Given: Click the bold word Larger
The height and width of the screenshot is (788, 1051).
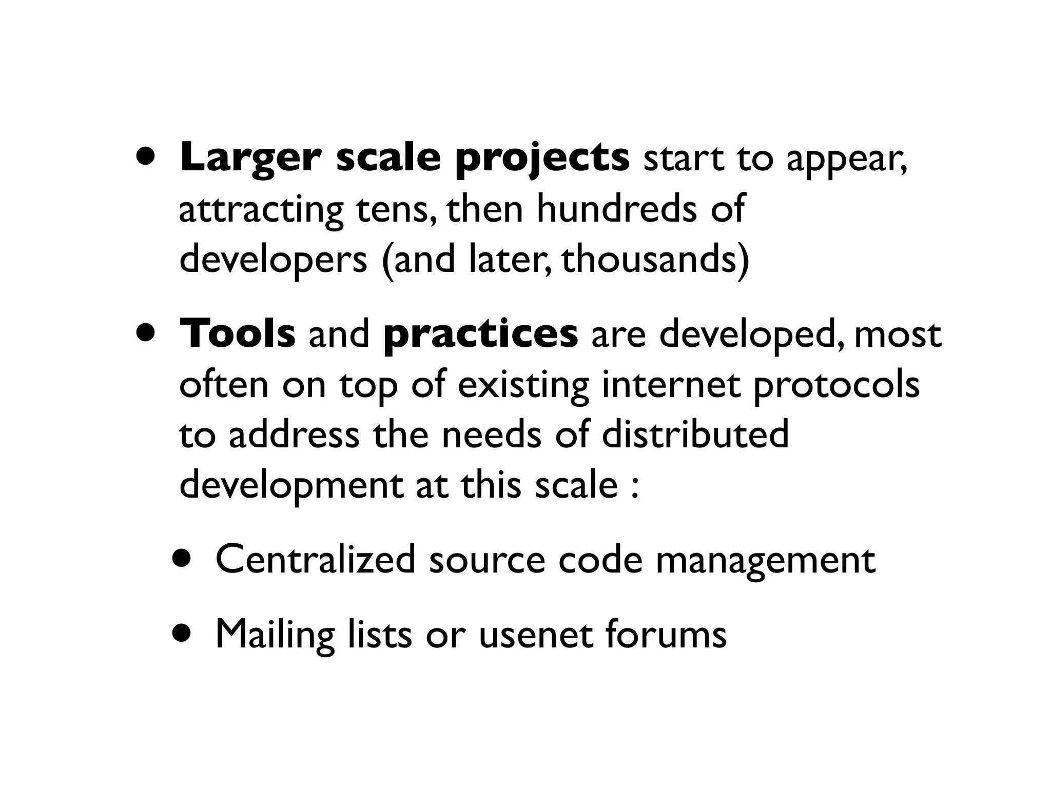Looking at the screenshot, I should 250,157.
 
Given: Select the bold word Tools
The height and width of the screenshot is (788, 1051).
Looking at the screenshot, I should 237,333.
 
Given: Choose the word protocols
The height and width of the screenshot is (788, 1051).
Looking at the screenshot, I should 836,385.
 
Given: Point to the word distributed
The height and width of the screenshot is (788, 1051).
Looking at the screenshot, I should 695,434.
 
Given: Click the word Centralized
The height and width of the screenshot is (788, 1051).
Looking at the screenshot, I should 315,559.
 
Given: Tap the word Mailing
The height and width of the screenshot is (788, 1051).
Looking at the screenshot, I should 275,634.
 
